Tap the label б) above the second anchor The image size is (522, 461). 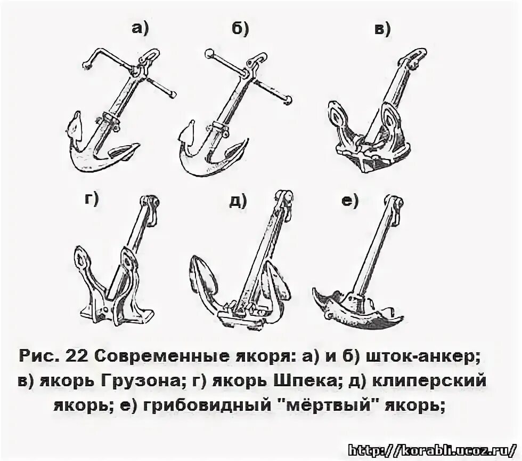click(x=240, y=29)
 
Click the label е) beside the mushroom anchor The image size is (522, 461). click(x=349, y=200)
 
